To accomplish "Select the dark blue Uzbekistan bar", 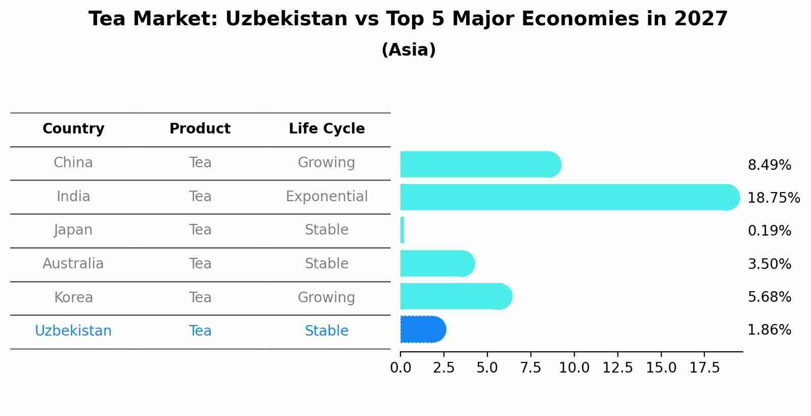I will pyautogui.click(x=423, y=330).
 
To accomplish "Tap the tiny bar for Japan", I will pyautogui.click(x=402, y=230).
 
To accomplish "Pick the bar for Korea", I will pyautogui.click(x=456, y=296).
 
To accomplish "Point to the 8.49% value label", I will pyautogui.click(x=769, y=165).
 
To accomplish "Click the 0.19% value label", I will pyautogui.click(x=769, y=231).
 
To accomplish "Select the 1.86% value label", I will pyautogui.click(x=769, y=330).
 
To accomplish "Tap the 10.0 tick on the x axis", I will pyautogui.click(x=574, y=368).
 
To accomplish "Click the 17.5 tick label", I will pyautogui.click(x=704, y=368).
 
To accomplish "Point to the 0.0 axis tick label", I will pyautogui.click(x=400, y=368).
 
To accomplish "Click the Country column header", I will pyautogui.click(x=73, y=129).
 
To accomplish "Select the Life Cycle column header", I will pyautogui.click(x=327, y=129).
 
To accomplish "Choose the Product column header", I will pyautogui.click(x=200, y=129).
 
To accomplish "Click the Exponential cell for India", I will pyautogui.click(x=327, y=197).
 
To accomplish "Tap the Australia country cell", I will pyautogui.click(x=73, y=264).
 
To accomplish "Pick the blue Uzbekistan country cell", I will pyautogui.click(x=73, y=331).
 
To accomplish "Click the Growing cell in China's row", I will pyautogui.click(x=327, y=163).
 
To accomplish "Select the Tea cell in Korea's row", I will pyautogui.click(x=200, y=298).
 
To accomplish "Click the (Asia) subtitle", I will pyautogui.click(x=409, y=50).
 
